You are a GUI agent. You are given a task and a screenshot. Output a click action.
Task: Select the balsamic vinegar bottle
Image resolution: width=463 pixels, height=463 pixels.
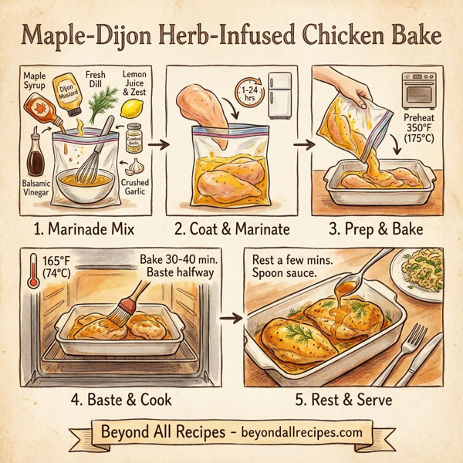click(35, 155)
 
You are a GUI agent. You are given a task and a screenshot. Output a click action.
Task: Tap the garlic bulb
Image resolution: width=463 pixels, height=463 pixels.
click(137, 166)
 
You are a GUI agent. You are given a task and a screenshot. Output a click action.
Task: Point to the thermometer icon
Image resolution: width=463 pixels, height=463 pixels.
click(32, 273)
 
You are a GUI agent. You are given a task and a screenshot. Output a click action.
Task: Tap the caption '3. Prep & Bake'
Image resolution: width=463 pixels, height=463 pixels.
click(376, 230)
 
